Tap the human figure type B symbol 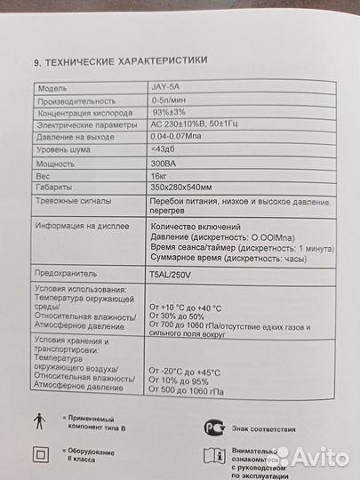pos(37,420)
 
